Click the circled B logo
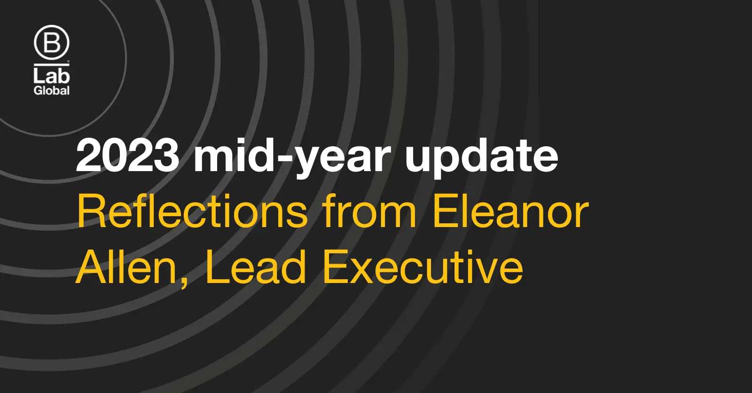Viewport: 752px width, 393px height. point(51,43)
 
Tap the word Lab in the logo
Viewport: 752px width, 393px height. point(51,76)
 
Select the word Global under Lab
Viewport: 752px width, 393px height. point(51,90)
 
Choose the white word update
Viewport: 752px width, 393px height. point(481,158)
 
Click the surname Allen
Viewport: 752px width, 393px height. point(126,267)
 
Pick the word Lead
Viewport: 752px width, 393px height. point(256,267)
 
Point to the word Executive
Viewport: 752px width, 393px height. point(423,267)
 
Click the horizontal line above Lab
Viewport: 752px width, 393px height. point(51,64)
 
